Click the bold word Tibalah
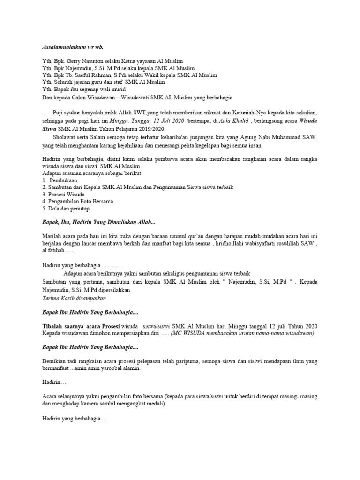click(x=53, y=326)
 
